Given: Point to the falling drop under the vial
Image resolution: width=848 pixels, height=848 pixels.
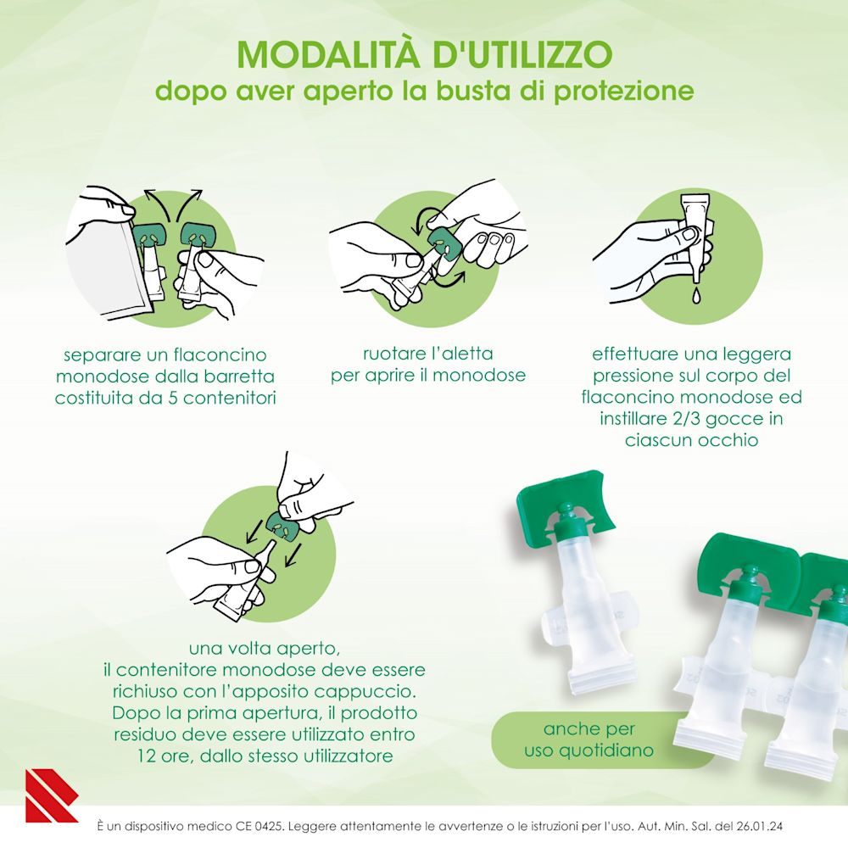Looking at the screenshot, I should click(x=694, y=294).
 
